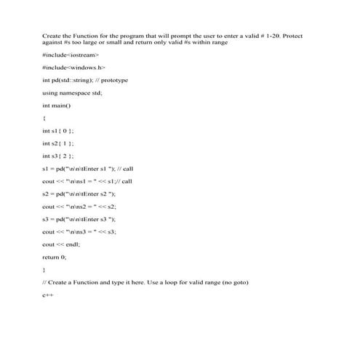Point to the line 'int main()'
57,105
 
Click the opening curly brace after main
45,118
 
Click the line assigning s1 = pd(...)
87,168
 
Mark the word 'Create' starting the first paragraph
52,35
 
